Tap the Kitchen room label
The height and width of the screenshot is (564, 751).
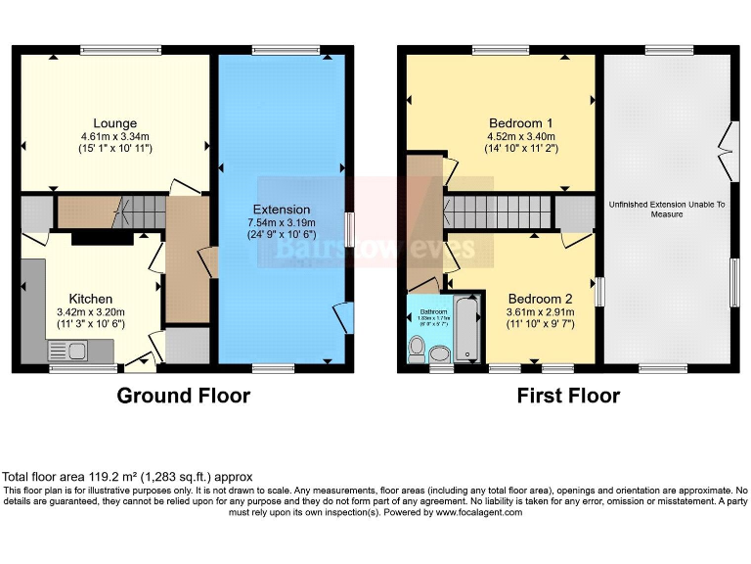[x=90, y=298]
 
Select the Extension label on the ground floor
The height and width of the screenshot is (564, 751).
[x=282, y=210]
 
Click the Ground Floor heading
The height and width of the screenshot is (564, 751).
[x=183, y=396]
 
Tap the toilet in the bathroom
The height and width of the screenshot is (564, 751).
[x=418, y=347]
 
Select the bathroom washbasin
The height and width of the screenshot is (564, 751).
[x=441, y=352]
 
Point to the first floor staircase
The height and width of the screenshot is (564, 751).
[x=498, y=211]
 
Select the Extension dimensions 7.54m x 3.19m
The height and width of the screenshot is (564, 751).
[x=282, y=223]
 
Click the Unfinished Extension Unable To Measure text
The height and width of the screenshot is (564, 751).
[x=668, y=209]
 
